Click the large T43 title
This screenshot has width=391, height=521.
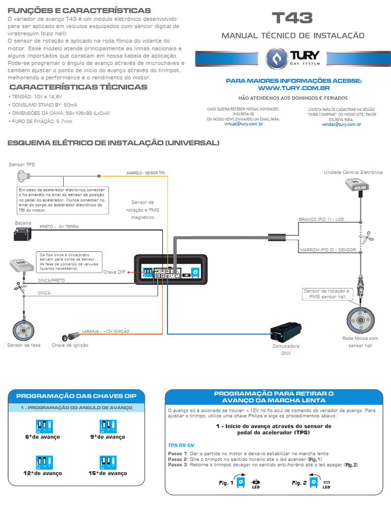292,19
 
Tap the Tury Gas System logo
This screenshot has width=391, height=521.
292,57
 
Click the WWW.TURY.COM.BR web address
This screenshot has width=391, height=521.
293,88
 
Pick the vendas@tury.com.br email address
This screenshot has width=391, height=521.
334,124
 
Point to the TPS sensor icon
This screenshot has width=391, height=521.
24,176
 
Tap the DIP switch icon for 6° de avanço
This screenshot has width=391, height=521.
42,426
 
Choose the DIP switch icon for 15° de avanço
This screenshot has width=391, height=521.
107,461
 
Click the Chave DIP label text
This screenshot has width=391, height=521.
114,272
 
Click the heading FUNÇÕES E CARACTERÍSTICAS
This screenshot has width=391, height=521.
79,10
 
